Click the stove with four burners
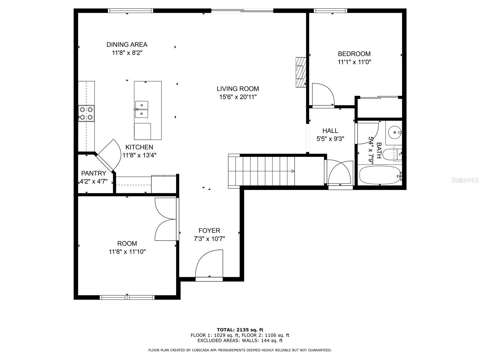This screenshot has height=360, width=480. pos(86,113)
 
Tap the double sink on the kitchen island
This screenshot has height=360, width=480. pos(141,109)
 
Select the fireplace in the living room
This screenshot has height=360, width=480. pos(301,72)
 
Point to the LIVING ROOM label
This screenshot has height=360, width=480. pos(238,89)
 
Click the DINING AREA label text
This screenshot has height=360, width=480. pos(127,45)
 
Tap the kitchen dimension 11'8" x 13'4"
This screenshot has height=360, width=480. pos(139,155)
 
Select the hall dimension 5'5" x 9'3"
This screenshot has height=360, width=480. pos(330,139)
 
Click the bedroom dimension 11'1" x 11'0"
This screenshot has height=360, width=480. pos(354,62)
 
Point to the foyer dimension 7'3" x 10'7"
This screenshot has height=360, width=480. pos(209,239)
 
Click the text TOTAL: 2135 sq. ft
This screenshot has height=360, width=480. pos(240,330)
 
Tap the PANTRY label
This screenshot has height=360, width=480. pos(94,173)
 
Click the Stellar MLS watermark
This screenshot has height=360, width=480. pos(465,180)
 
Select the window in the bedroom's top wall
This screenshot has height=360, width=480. pos(330,10)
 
